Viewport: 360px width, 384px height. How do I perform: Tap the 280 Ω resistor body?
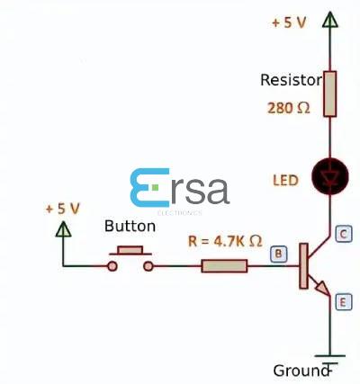pos(329,94)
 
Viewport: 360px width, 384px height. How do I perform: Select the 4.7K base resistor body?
pos(223,266)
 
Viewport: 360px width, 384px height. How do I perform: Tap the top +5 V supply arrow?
pos(329,20)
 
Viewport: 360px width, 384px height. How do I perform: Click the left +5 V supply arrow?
pos(63,228)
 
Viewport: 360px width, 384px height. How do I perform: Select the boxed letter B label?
pos(279,255)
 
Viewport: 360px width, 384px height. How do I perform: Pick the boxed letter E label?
pos(342,303)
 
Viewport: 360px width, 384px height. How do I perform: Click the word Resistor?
pos(290,80)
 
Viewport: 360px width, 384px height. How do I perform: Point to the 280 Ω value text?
pos(288,108)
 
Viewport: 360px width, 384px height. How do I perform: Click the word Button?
pos(130,227)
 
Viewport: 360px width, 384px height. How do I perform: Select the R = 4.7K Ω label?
pos(225,241)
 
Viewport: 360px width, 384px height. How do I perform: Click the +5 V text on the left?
pos(62,209)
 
